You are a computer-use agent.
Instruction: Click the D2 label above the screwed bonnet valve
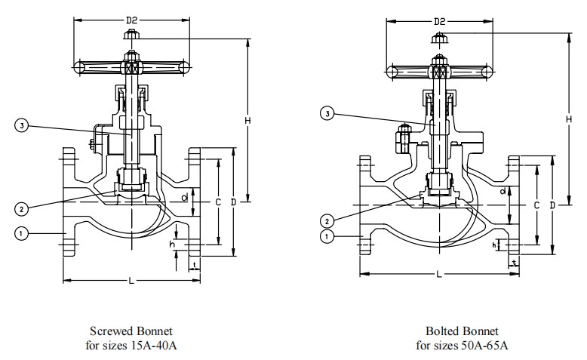(x=132, y=20)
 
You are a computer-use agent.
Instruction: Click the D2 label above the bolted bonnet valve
(x=440, y=21)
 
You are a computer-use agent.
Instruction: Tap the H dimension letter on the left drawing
(x=247, y=121)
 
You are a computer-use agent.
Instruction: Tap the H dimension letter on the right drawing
(x=569, y=119)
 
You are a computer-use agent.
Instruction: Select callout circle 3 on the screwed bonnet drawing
(x=22, y=125)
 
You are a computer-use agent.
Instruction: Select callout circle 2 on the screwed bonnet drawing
(x=22, y=208)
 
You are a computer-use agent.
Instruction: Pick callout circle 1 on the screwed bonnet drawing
(x=21, y=234)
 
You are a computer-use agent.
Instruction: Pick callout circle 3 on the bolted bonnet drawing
(x=327, y=113)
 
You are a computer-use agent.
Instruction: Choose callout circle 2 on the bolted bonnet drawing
(x=327, y=221)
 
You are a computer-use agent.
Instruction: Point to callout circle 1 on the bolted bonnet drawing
(x=327, y=236)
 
